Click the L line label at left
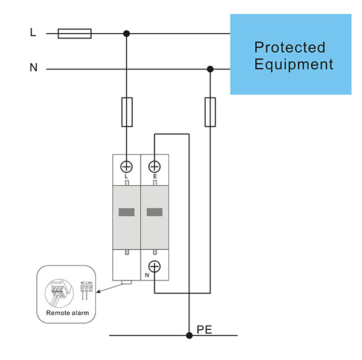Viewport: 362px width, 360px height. click(x=33, y=32)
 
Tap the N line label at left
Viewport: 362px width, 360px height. click(x=33, y=68)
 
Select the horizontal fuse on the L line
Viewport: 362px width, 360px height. click(x=74, y=33)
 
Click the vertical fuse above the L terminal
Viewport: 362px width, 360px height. click(x=127, y=112)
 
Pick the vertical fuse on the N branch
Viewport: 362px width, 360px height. click(x=210, y=112)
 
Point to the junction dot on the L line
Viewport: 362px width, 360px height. click(x=127, y=33)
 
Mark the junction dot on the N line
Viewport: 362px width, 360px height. click(x=210, y=69)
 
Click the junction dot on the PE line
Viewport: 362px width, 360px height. click(x=189, y=335)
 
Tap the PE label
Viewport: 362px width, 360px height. click(x=205, y=330)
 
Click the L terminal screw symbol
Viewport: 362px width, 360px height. click(x=127, y=166)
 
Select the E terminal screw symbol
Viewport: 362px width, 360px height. click(x=154, y=166)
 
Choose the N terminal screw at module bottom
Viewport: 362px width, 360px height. click(x=154, y=265)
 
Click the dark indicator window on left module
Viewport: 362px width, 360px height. click(x=127, y=212)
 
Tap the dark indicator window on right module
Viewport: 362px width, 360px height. click(x=154, y=212)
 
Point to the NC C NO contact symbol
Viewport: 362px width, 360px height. click(x=86, y=289)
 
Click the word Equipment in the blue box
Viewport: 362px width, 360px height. click(x=294, y=64)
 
